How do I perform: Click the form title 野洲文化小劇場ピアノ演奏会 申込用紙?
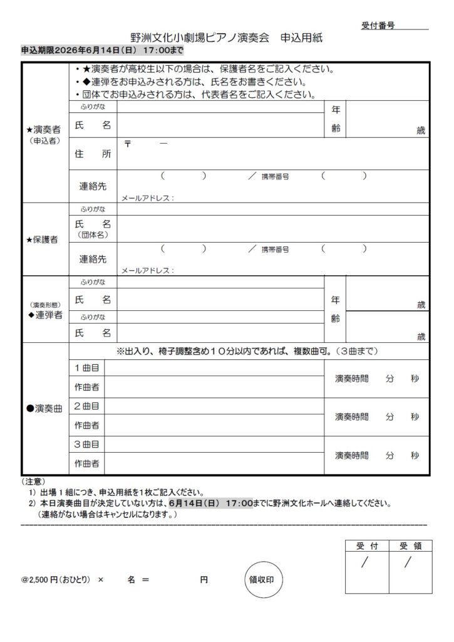(226, 38)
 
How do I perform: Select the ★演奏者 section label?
(44, 129)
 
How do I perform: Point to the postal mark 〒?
(128, 143)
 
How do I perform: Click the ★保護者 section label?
(44, 240)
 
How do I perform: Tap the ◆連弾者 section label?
(45, 315)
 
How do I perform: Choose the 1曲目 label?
(87, 367)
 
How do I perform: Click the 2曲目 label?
(87, 406)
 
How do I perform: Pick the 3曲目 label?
(87, 445)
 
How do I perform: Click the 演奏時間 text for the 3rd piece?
(352, 455)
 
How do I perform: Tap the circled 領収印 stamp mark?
(262, 580)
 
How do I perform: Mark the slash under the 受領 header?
(408, 562)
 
